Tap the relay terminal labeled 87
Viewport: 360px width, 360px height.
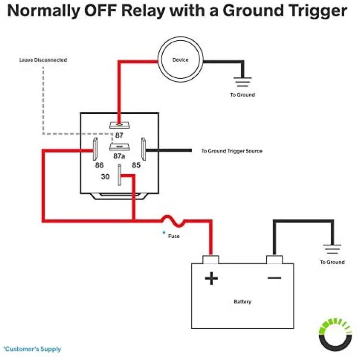tap(119, 125)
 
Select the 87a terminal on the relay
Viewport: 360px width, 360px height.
tap(119, 147)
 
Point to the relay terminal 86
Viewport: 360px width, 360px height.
tap(95, 149)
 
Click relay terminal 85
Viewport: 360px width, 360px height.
tap(144, 149)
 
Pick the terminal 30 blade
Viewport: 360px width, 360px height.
tap(120, 175)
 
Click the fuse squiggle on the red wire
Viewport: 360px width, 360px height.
tap(173, 221)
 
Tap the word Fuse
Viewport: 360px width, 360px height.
tap(174, 236)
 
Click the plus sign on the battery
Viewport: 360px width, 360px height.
tap(211, 278)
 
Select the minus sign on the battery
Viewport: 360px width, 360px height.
tap(275, 278)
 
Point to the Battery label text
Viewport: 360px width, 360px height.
tap(242, 302)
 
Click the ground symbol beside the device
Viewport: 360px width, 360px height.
tap(243, 82)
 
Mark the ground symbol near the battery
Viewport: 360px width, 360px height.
tap(332, 249)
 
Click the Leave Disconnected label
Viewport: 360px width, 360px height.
tap(43, 60)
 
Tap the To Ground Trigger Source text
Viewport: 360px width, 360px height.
tap(232, 151)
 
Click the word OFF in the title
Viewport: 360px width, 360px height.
tap(101, 11)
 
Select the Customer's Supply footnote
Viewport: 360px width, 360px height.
tap(32, 349)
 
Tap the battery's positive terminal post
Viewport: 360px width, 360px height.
tap(211, 259)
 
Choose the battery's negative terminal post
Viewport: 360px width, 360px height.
tap(275, 259)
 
